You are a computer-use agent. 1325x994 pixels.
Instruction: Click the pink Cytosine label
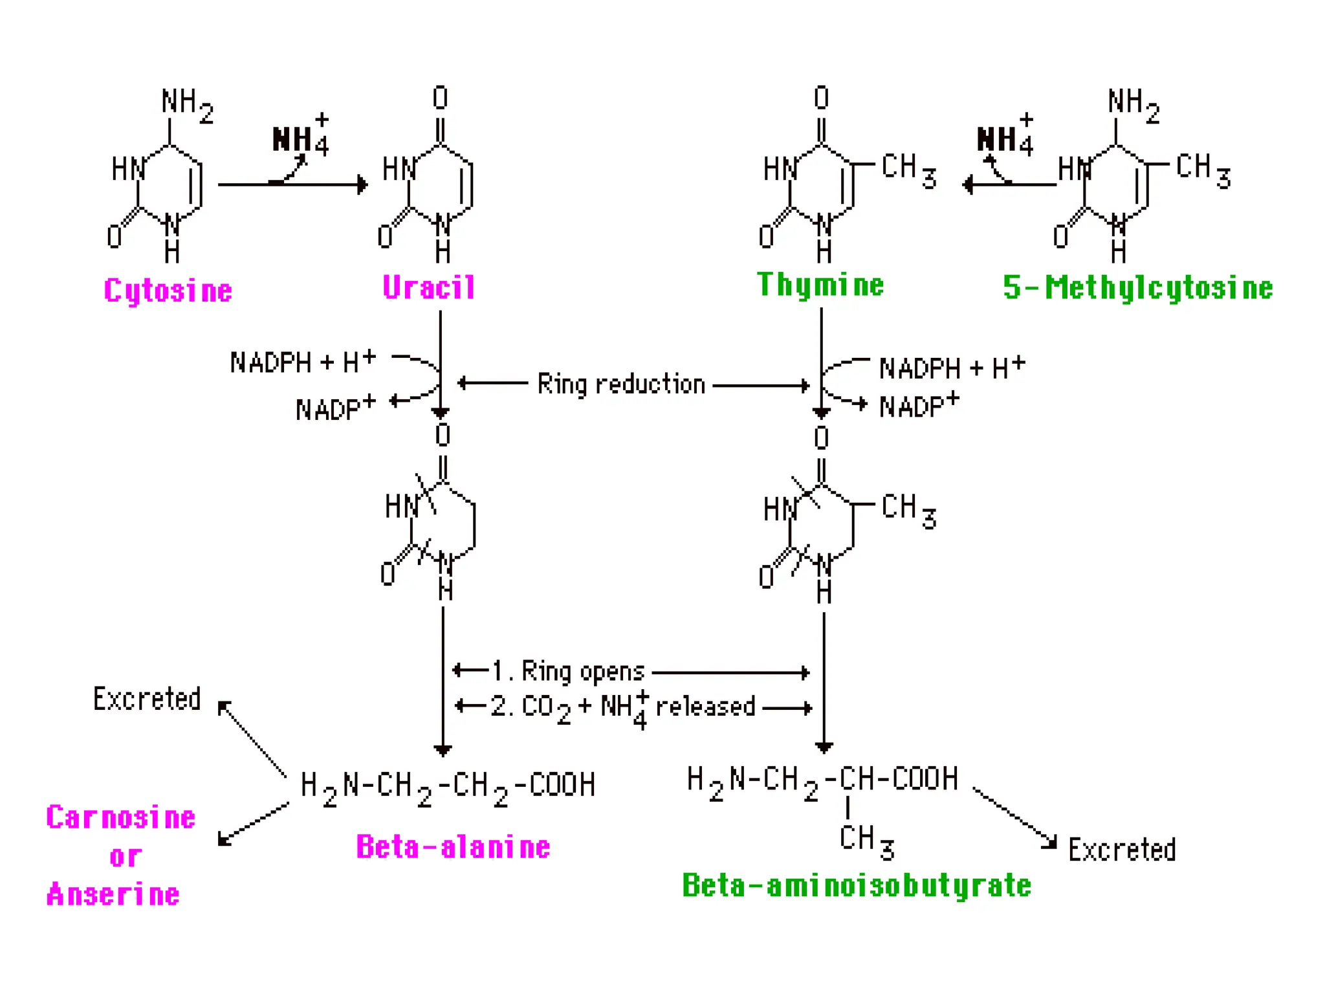[168, 291]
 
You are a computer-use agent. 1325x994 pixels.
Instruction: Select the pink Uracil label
[429, 287]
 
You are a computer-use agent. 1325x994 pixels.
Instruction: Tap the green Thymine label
[820, 285]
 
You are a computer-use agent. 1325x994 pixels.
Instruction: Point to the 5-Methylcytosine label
[1137, 288]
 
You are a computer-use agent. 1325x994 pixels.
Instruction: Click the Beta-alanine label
[453, 846]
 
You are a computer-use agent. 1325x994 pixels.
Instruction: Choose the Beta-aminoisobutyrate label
[857, 885]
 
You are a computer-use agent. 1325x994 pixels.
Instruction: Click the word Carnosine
[121, 817]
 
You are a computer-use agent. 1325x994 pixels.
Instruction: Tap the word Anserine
[113, 894]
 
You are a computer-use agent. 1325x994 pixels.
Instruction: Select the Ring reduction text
[621, 384]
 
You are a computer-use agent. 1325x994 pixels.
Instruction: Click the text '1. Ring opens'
[568, 672]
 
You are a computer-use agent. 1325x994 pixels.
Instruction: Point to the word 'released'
[705, 707]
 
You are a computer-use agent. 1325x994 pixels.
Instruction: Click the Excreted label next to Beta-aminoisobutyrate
[1122, 850]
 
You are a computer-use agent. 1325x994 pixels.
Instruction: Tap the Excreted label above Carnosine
[147, 699]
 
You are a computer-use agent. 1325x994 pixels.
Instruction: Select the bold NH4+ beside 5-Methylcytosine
[1005, 137]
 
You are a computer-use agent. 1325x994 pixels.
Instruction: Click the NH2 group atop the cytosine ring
[186, 105]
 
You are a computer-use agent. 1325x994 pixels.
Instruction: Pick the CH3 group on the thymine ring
[908, 170]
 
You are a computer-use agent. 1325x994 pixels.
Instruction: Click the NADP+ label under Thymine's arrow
[919, 406]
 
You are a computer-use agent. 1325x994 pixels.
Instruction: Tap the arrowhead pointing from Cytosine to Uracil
[362, 185]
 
